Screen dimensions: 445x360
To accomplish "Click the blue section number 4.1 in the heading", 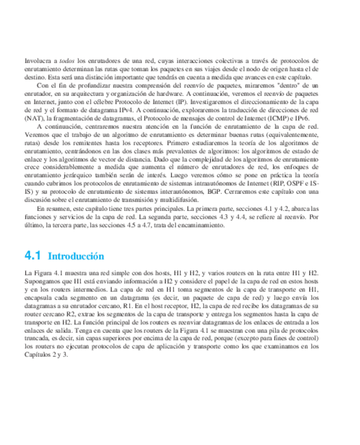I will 33,256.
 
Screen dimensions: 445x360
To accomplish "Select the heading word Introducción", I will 76,257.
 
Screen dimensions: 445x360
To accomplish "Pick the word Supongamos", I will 41,281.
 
